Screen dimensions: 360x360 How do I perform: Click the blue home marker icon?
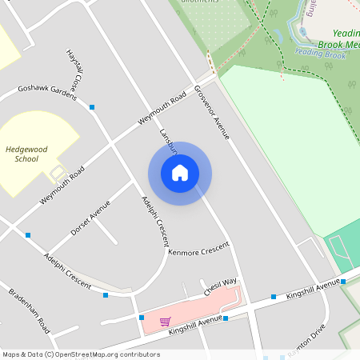tap(180, 174)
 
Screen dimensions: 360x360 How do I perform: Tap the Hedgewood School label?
tap(22, 154)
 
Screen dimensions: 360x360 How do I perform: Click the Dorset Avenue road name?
tap(90, 218)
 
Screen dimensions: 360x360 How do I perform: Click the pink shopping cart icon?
tap(165, 322)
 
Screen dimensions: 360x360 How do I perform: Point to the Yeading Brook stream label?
tap(320, 53)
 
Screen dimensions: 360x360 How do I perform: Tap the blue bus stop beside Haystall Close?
tap(93, 106)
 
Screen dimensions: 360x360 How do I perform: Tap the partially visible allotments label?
tap(200, 2)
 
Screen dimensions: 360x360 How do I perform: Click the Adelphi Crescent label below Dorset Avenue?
tap(69, 271)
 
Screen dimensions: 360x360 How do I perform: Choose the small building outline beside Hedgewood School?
tap(58, 172)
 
